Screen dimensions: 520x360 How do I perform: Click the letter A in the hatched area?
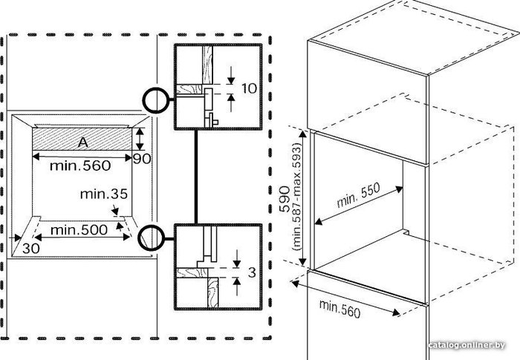click(83, 143)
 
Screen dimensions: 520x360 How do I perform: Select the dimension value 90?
click(142, 159)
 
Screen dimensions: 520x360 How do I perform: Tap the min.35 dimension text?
click(104, 194)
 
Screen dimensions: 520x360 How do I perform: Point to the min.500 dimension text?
click(79, 229)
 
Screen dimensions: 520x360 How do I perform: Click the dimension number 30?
click(31, 248)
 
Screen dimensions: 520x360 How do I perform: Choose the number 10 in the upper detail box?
click(249, 88)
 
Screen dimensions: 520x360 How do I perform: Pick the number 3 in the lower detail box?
click(252, 272)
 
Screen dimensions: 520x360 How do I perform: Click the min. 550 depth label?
click(358, 195)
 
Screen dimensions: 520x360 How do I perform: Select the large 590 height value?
click(285, 199)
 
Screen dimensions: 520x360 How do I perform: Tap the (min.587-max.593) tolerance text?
click(297, 197)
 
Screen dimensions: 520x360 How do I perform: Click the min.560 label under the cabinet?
click(339, 308)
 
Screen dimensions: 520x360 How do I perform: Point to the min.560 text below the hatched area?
click(80, 166)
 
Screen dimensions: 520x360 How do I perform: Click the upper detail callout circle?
click(156, 100)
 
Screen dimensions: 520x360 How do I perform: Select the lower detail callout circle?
click(152, 238)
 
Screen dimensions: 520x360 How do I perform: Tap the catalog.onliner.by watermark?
click(467, 345)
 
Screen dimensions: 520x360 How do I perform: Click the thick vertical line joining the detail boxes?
click(196, 177)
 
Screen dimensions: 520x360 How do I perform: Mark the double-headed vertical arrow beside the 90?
click(140, 139)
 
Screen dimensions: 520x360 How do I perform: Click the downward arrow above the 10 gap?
click(231, 75)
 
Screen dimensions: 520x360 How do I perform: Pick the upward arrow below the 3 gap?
click(237, 287)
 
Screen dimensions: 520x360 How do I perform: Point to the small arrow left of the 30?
click(16, 238)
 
